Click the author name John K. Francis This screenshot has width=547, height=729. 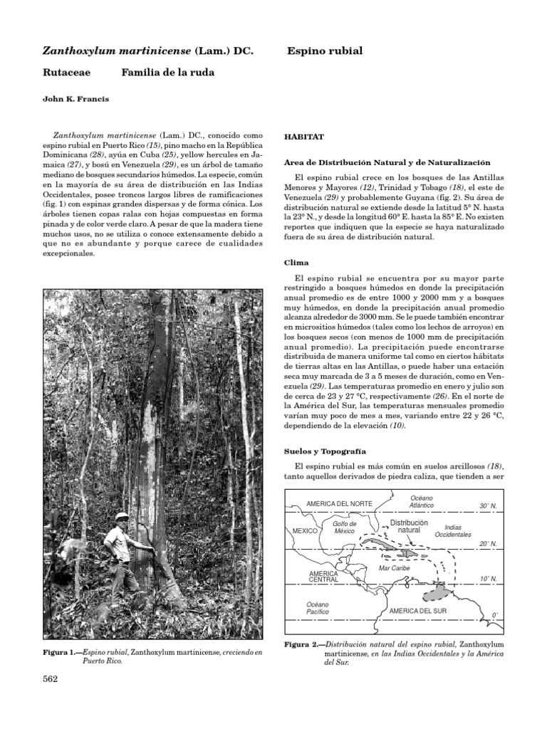[x=75, y=100]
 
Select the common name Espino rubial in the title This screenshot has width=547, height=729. [x=325, y=51]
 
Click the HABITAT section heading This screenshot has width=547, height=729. [x=304, y=135]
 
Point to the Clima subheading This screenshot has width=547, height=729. [x=297, y=262]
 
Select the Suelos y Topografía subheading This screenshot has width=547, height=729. [x=325, y=451]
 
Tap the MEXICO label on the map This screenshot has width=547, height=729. [x=304, y=531]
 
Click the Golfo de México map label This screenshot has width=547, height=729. [x=344, y=528]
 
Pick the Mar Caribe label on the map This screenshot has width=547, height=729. [x=394, y=569]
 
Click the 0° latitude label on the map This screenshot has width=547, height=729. [x=494, y=615]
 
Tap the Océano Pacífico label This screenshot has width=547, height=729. [x=318, y=608]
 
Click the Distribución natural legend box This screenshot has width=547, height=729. [x=408, y=526]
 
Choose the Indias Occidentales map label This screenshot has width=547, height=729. [x=452, y=530]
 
